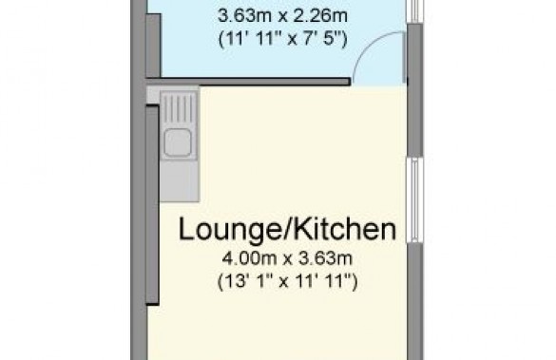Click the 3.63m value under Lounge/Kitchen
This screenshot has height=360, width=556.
(x=325, y=258)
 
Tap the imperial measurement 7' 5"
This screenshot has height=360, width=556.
(x=324, y=39)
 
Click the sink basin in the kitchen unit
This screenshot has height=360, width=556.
(x=178, y=142)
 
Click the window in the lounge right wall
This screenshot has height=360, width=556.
(x=415, y=200)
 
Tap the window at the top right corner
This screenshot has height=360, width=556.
(x=415, y=11)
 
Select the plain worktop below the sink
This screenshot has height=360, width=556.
(x=179, y=181)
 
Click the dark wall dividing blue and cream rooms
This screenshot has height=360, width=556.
(x=248, y=82)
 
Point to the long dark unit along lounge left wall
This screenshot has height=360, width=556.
(x=152, y=205)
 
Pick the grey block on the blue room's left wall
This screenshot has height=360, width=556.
(x=153, y=46)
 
